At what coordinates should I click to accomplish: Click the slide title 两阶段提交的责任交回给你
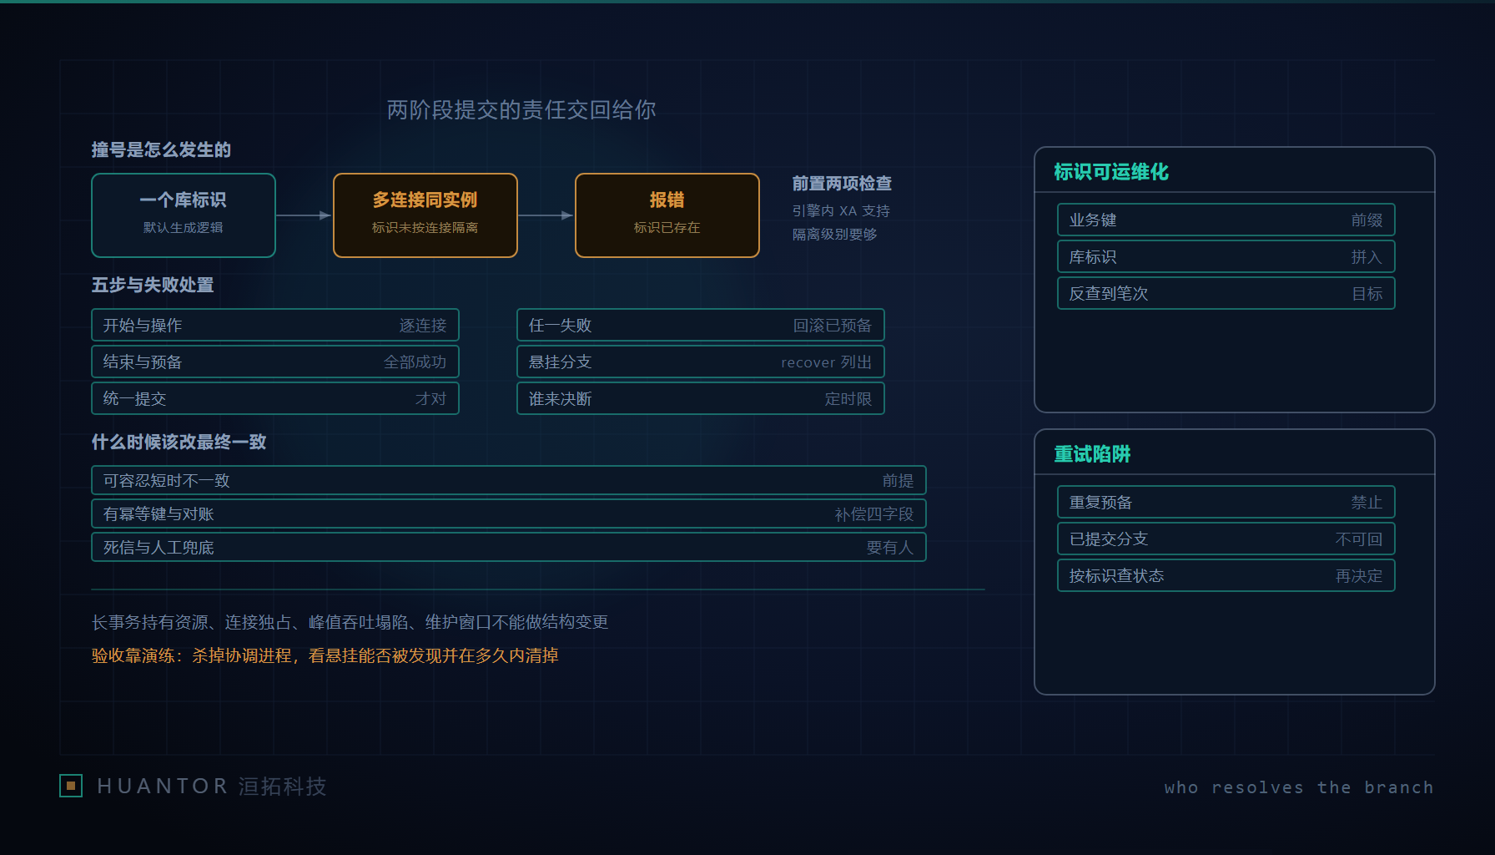tap(521, 110)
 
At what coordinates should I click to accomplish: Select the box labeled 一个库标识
tap(184, 215)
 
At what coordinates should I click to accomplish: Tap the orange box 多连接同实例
tap(425, 215)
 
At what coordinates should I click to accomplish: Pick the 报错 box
tap(667, 215)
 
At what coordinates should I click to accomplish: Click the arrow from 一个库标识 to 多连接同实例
tap(305, 215)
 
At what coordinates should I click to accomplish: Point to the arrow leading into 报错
tap(546, 215)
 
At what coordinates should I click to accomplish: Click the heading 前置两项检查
tap(842, 184)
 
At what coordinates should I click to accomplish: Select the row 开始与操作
tap(275, 325)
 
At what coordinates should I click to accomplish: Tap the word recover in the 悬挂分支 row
tap(808, 362)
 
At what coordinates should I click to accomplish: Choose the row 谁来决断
tap(701, 398)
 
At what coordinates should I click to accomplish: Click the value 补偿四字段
tap(874, 514)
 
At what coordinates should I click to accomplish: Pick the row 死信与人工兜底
tap(509, 547)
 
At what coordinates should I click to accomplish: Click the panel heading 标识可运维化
tap(1111, 172)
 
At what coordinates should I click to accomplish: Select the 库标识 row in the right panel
tap(1226, 256)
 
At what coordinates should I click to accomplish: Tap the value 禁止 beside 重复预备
tap(1367, 503)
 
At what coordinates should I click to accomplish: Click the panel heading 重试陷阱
tap(1092, 454)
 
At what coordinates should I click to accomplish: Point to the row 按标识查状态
tap(1226, 575)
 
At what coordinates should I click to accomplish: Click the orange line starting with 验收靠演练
tap(325, 656)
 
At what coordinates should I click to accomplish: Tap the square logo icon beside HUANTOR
tap(71, 786)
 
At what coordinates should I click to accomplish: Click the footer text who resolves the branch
tap(1299, 787)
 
